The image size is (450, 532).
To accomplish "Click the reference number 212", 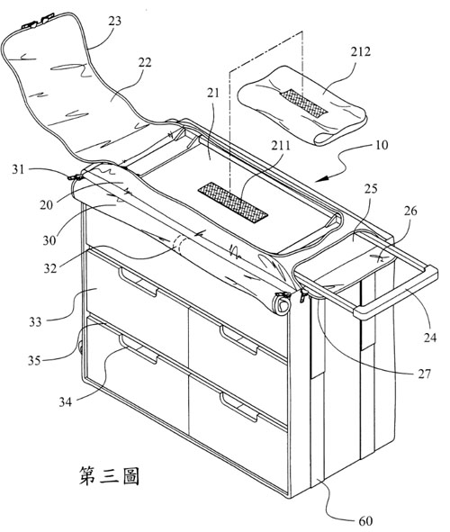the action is point(361,52).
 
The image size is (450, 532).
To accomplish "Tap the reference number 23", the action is point(114,21).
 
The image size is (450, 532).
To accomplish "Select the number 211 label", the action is point(281,146).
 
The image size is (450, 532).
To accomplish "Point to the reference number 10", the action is point(382,145).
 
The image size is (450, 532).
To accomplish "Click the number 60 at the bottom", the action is point(365,521).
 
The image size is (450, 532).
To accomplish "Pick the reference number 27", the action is point(424,374).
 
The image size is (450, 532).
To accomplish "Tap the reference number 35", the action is point(34,360).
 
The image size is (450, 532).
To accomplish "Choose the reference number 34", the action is point(66,402).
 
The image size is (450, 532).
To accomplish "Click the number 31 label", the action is point(18,169).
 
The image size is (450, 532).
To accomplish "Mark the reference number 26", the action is point(410,211).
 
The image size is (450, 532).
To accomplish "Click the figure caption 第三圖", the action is point(109,475).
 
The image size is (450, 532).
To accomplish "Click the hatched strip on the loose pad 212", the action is point(303,104).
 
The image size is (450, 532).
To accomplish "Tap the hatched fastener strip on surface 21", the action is point(233,203).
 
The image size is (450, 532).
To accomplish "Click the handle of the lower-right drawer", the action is point(239,407).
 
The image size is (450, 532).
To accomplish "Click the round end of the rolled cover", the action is point(282,304).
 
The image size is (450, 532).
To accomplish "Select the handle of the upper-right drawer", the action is point(239,340).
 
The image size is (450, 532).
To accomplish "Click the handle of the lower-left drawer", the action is point(139,349).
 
